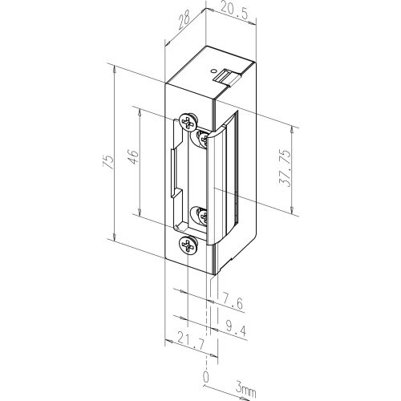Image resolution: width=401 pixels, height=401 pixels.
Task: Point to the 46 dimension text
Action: (134, 153)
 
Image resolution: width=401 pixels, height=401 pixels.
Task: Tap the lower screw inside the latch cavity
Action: (200, 215)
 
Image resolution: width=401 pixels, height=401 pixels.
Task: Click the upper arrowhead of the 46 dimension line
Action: (142, 110)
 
